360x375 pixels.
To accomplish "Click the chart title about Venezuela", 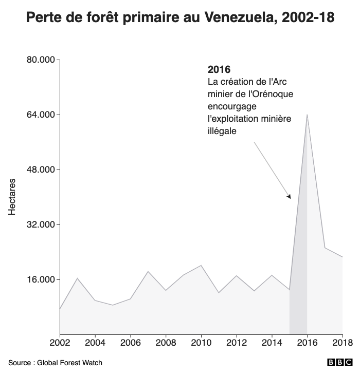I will (180, 19).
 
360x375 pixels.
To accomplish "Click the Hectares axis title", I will (12, 197).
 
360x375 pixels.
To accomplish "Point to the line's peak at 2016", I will (307, 115).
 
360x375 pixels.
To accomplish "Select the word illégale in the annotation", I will (222, 131).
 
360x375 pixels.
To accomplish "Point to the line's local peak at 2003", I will (78, 278).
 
